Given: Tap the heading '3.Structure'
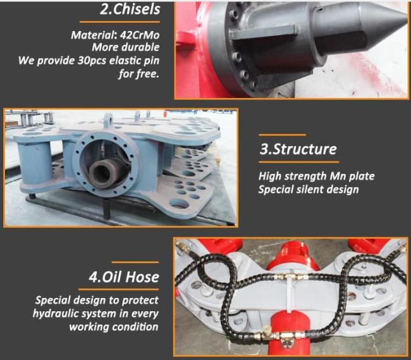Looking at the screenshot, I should (298, 151).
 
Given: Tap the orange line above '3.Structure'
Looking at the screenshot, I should (282, 135).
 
